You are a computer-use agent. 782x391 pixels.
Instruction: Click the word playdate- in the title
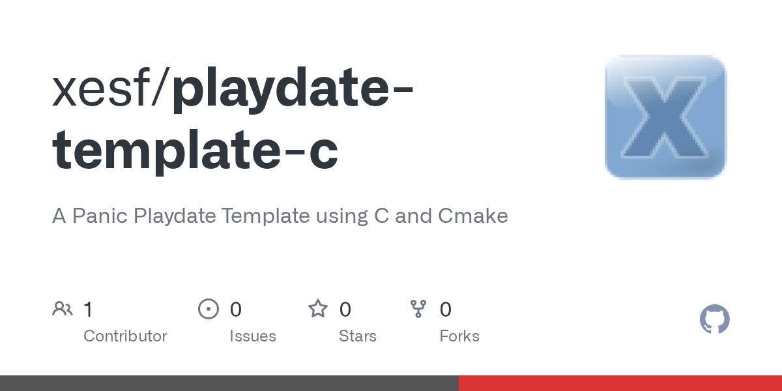(293, 90)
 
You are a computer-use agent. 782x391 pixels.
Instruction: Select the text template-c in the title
(195, 151)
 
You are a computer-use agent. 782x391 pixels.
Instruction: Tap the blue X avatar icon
(666, 117)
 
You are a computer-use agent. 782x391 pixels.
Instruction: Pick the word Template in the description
(266, 216)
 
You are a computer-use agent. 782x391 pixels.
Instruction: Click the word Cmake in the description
(473, 216)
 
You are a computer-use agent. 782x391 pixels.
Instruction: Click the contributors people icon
(63, 309)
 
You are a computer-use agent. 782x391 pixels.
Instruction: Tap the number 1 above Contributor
(89, 310)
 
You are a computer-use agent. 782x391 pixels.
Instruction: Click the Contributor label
(125, 336)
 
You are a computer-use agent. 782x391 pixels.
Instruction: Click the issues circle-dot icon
(209, 309)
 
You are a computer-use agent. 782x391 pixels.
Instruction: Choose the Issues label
(253, 336)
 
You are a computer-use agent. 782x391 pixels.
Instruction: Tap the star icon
(318, 309)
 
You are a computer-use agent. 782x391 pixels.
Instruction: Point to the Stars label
(358, 336)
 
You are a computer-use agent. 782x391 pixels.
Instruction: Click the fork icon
(418, 309)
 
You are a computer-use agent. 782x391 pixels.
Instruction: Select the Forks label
(459, 336)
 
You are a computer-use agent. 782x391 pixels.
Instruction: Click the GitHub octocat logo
(715, 319)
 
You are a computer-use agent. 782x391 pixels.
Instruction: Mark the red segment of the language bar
(620, 383)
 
